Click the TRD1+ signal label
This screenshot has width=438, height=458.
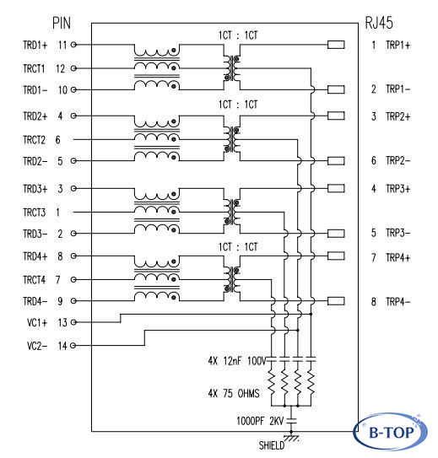pos(35,45)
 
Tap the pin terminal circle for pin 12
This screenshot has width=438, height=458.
pos(73,68)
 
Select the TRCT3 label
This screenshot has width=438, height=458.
pos(35,213)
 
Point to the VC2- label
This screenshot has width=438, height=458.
pos(37,346)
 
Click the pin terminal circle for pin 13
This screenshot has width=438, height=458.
pos(73,322)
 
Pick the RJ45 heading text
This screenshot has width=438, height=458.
pos(379,23)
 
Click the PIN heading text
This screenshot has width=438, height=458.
pos(62,23)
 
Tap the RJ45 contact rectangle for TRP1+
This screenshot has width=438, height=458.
pos(336,45)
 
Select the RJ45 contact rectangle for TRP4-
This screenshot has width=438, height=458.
pos(336,301)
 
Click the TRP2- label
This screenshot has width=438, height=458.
pos(398,160)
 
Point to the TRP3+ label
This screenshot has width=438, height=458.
pos(398,188)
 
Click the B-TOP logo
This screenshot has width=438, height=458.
pos(391,431)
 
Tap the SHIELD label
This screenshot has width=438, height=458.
pos(272,445)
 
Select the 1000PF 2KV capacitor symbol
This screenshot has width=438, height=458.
pos(291,421)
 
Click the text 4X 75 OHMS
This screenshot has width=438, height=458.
pos(234,393)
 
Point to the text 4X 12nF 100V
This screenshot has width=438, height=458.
pos(237,361)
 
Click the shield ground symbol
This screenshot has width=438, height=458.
pos(291,438)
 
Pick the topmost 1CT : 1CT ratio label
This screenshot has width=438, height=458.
pos(238,35)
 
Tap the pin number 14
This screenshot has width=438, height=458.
pos(62,346)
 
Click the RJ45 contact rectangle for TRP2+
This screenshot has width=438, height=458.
pos(336,116)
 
